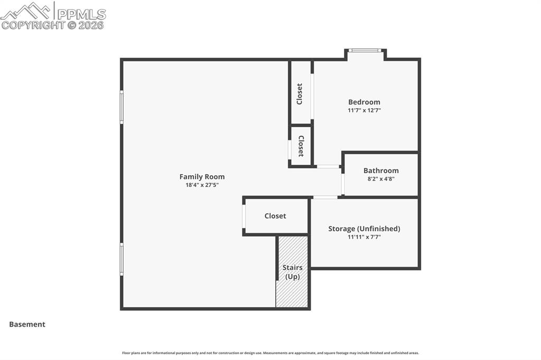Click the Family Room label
(x=202, y=177)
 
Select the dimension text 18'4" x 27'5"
(x=202, y=185)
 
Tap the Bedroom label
(x=364, y=102)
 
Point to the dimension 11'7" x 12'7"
(x=364, y=110)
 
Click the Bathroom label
(x=381, y=170)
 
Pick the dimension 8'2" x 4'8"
(x=381, y=179)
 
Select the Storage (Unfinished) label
(x=364, y=229)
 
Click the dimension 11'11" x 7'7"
(x=364, y=237)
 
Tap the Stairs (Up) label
(x=292, y=272)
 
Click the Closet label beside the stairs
(x=275, y=216)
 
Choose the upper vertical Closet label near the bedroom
(x=300, y=94)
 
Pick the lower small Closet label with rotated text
(x=301, y=146)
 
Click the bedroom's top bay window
(x=366, y=51)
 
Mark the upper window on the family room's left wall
(x=122, y=107)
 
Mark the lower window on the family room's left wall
(x=122, y=259)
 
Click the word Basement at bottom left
(x=27, y=325)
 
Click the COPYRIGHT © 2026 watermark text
(x=53, y=25)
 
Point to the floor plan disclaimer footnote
(x=270, y=353)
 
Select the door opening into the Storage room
(x=325, y=197)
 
